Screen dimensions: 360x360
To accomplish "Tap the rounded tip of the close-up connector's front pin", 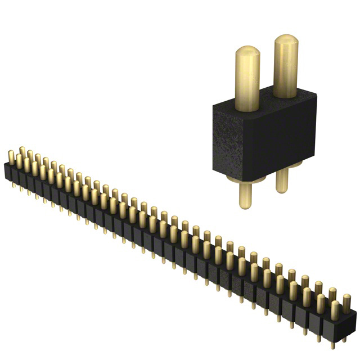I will pyautogui.click(x=247, y=53).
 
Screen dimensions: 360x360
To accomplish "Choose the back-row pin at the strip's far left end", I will pyautogui.click(x=22, y=152).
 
